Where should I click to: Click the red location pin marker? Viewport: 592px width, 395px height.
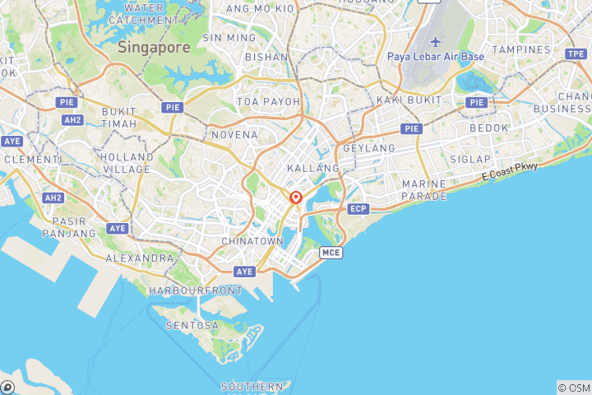296,198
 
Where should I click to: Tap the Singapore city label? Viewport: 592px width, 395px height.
154,47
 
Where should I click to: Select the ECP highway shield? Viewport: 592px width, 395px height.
358,209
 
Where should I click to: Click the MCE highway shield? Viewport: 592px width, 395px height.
331,253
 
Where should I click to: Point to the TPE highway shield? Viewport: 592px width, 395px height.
576,53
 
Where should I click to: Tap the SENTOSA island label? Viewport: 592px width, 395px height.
192,325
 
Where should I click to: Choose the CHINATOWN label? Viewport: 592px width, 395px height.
252,241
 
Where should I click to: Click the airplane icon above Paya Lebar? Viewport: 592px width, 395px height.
435,42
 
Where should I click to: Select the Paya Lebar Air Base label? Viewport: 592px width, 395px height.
435,57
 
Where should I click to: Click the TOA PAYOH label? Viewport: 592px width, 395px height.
269,101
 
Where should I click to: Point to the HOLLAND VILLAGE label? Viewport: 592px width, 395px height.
126,163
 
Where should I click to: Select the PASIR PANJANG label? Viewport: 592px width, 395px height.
75,227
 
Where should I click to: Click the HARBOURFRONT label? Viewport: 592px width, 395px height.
196,290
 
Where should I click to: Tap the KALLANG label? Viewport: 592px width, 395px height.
313,168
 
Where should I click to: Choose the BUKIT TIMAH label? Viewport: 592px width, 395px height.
118,117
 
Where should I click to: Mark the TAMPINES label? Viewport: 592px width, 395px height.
521,49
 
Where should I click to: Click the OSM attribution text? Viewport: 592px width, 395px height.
573,388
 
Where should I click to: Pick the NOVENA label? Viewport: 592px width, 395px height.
234,134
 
